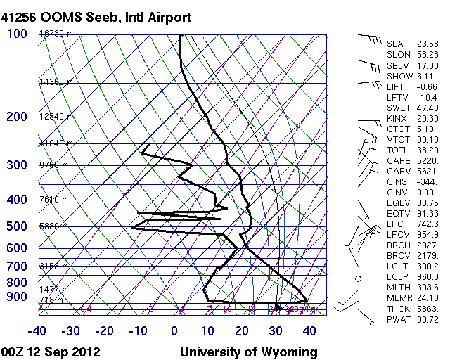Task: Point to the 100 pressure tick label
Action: click(17, 34)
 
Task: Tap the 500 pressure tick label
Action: click(17, 226)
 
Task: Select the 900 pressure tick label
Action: click(17, 297)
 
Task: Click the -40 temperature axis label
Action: click(37, 331)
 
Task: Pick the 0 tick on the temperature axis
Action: click(174, 331)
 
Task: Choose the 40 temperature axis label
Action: click(308, 331)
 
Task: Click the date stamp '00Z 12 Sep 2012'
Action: click(50, 352)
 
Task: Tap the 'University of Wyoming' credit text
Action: click(249, 352)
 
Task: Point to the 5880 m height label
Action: click(53, 226)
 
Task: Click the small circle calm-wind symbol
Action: click(358, 279)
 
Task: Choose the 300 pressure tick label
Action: click(17, 165)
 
